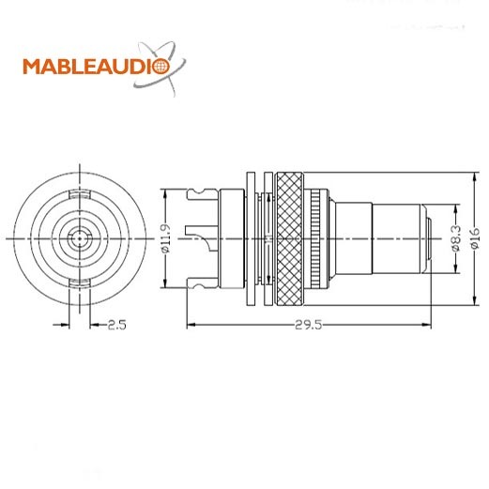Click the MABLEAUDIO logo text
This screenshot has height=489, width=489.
click(x=97, y=67)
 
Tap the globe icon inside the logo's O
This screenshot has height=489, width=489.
click(x=161, y=67)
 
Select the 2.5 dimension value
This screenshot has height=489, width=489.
click(x=117, y=325)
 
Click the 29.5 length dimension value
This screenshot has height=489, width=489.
click(x=308, y=325)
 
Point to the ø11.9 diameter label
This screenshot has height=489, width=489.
click(x=166, y=238)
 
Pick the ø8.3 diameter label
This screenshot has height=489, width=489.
click(x=456, y=238)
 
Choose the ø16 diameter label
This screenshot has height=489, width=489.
click(x=475, y=238)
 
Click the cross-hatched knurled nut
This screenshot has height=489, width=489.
click(x=290, y=239)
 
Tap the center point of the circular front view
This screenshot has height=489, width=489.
click(x=80, y=239)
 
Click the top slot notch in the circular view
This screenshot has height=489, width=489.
click(x=80, y=194)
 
